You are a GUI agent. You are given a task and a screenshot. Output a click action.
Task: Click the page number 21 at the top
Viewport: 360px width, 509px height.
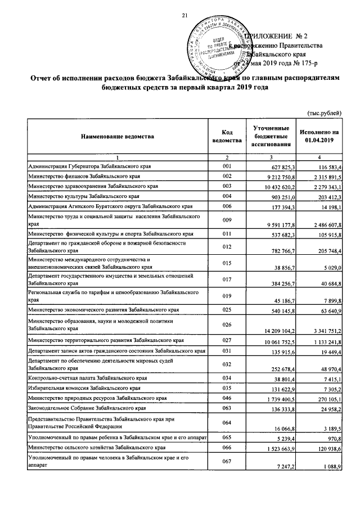(x=183, y=15)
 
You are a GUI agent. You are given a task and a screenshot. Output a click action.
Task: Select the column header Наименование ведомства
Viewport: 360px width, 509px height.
(x=116, y=137)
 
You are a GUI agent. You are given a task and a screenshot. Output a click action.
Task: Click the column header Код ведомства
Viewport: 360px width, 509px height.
(x=227, y=136)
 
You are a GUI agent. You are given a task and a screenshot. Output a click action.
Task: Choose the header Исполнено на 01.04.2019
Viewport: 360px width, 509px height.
(x=319, y=136)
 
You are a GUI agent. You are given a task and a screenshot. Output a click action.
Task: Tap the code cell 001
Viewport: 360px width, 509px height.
(x=227, y=167)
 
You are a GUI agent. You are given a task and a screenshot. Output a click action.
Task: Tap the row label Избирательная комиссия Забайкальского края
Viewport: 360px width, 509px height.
(x=85, y=388)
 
